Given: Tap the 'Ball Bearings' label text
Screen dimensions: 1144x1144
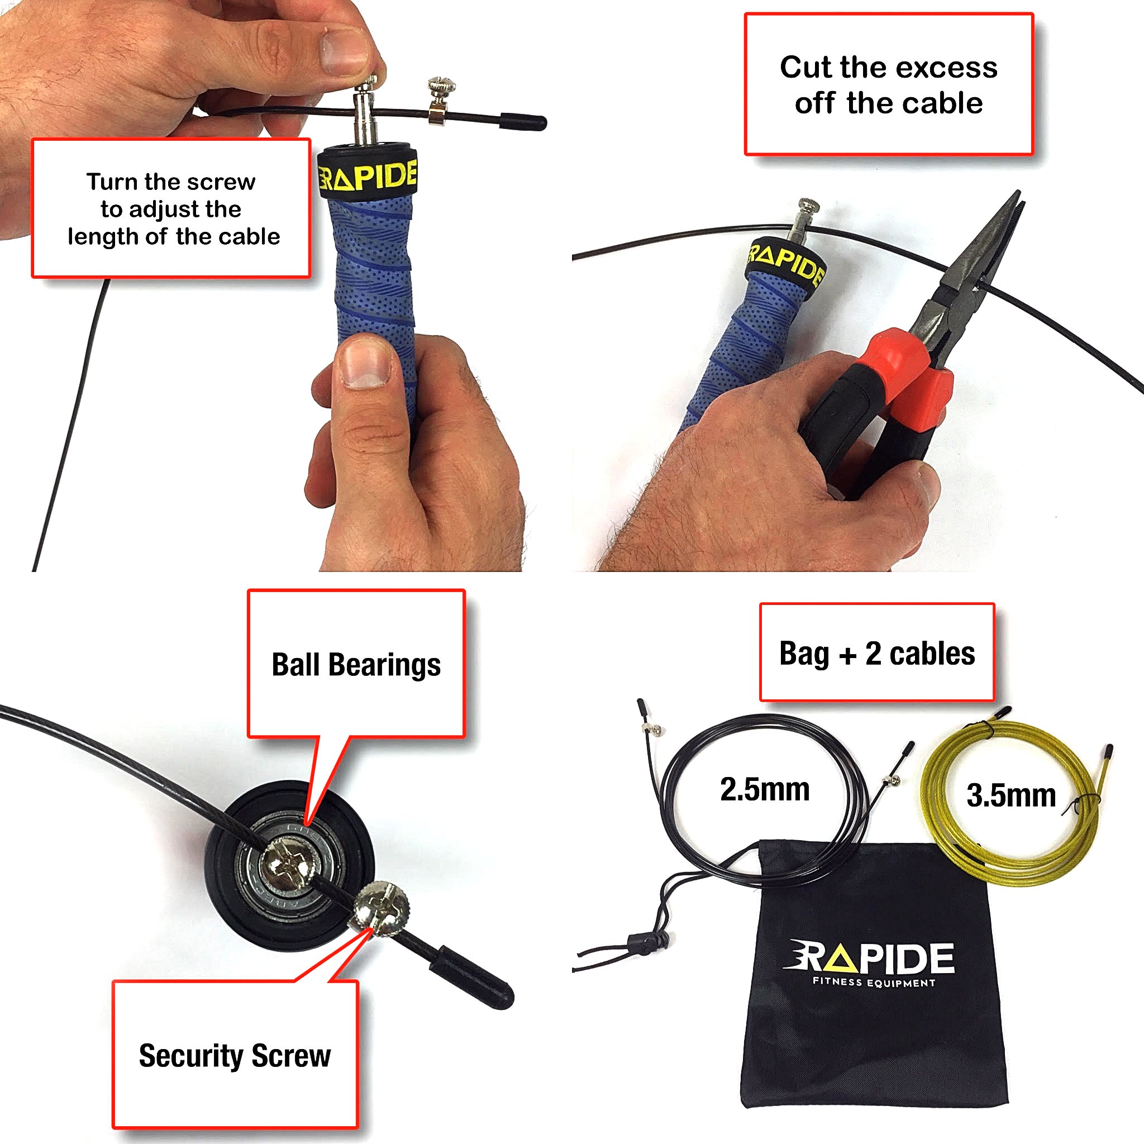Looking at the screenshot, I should click(356, 664).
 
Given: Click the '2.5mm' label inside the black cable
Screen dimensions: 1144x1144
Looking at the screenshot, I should click(765, 789).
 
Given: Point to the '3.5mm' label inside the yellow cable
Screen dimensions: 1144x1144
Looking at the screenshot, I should click(1010, 795).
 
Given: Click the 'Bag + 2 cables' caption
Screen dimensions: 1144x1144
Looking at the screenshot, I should click(876, 653).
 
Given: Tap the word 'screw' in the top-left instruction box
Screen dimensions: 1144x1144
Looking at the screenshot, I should click(227, 182).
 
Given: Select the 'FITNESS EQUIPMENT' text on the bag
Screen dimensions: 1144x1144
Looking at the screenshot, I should click(874, 983).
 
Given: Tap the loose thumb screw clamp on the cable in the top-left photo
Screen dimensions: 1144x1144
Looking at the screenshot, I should click(441, 101).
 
